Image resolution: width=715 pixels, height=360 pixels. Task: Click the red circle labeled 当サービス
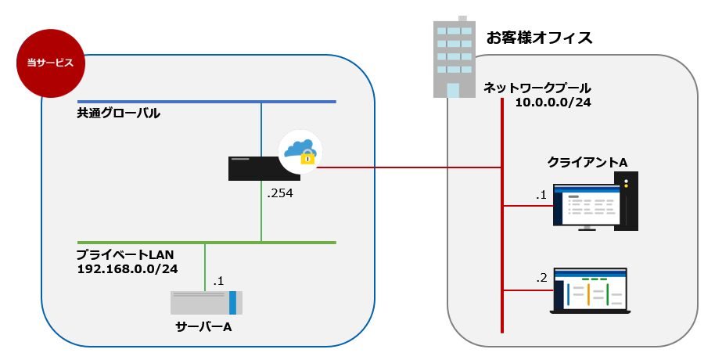pos(50,63)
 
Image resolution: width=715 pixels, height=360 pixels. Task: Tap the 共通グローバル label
pos(118,114)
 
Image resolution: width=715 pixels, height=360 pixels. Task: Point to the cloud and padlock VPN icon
pos(300,151)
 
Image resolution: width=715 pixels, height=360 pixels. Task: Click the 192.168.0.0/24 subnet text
pos(127,269)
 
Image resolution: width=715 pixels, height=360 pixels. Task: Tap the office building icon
pos(455,59)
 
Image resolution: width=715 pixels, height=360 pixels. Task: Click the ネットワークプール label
pos(537,88)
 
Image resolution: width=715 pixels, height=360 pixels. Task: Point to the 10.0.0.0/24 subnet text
pos(553,103)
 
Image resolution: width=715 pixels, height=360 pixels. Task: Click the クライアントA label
pos(587,161)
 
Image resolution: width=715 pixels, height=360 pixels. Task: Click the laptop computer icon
pos(590,291)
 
